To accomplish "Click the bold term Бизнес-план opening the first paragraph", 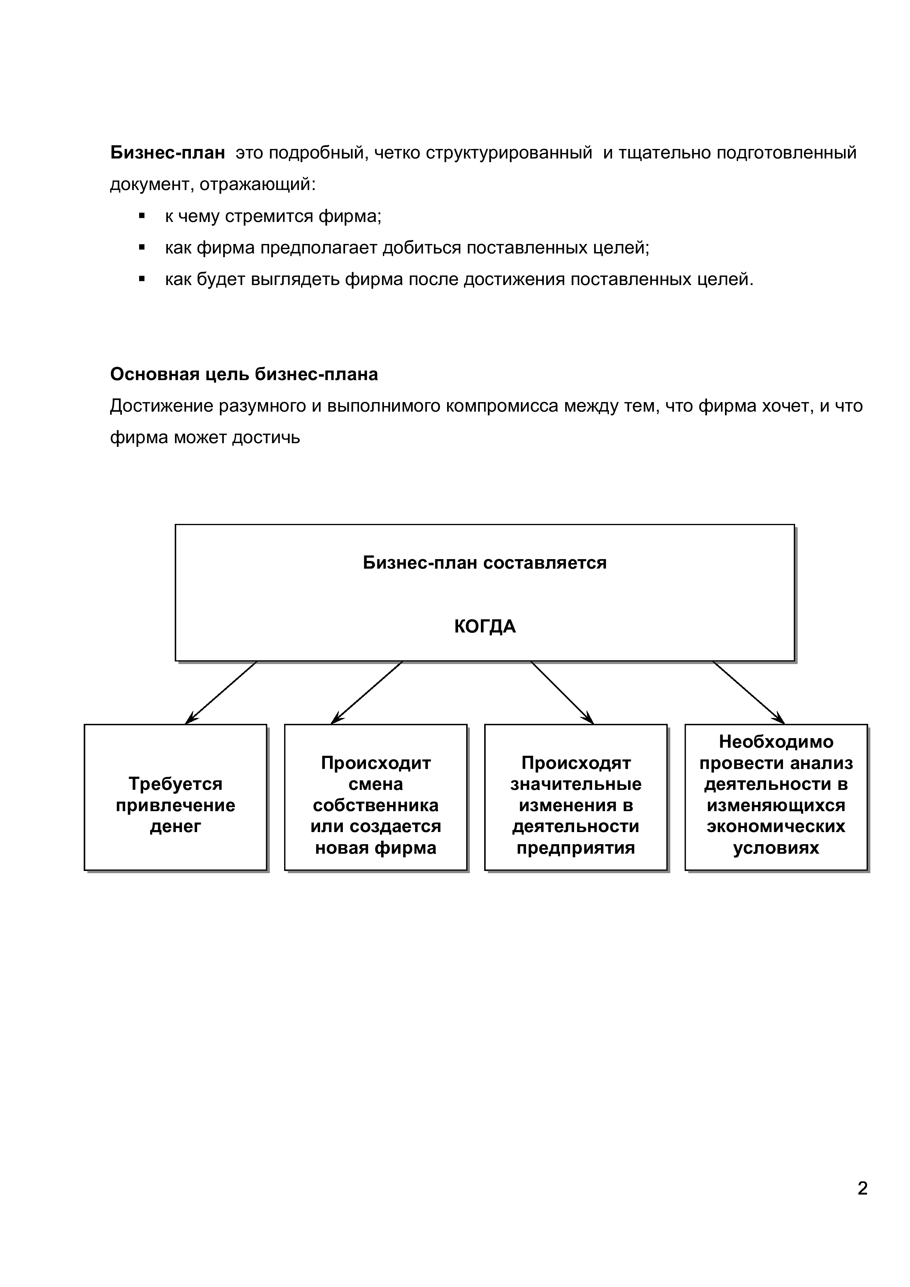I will (167, 153).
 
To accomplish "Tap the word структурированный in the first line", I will (508, 153).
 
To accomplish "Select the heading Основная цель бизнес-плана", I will (244, 375).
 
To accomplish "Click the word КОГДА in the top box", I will (485, 627).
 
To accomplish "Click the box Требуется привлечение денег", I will (175, 797).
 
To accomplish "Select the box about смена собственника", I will (375, 797).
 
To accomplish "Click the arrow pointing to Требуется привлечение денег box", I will (221, 693).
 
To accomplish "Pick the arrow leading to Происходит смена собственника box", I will (367, 693).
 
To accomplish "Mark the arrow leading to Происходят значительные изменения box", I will (562, 693).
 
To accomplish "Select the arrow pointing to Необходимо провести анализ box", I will (748, 693).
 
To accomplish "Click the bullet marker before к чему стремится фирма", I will (142, 216).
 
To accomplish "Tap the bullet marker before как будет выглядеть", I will (142, 278).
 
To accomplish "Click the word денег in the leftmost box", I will (175, 826).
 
